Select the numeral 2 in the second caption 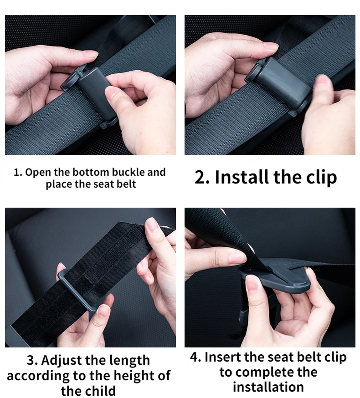click(x=200, y=177)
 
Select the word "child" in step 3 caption click(x=100, y=390)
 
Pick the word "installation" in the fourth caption click(x=268, y=387)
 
